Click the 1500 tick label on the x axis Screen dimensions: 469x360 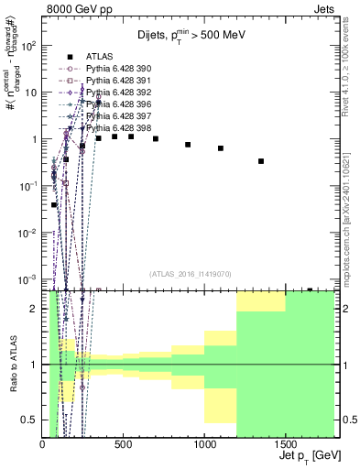[x=285, y=443]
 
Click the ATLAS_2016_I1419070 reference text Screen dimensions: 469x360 [x=190, y=273]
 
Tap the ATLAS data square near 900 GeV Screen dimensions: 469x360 [x=188, y=145]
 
